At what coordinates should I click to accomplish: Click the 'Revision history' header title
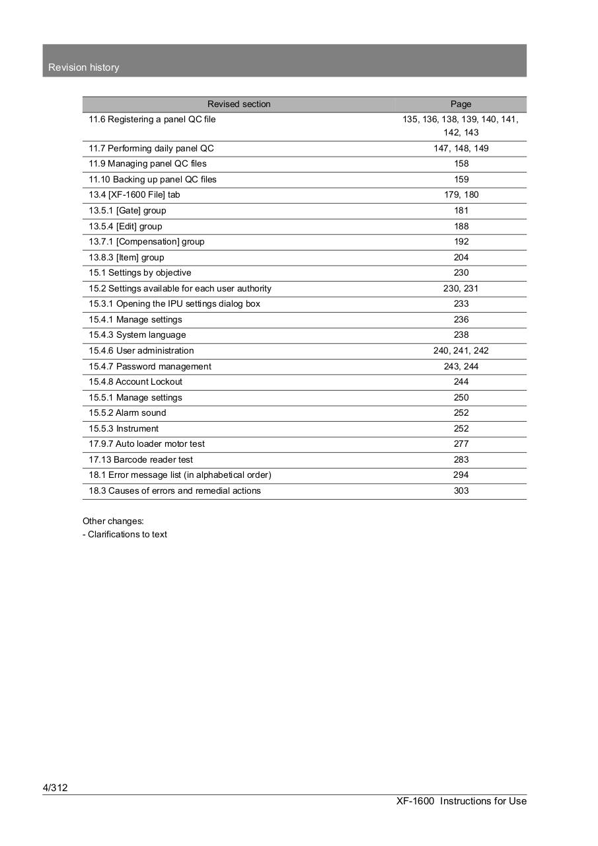coord(84,67)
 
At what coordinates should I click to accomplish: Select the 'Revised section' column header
coord(239,104)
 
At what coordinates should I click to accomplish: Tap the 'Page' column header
coord(461,104)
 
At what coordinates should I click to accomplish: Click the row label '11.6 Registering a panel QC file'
coord(152,120)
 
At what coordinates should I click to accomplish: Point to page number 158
coord(461,164)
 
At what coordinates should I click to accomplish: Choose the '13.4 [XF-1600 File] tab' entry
coord(134,195)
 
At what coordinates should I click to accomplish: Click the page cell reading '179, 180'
coord(461,195)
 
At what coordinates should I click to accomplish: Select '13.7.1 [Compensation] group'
coord(147,242)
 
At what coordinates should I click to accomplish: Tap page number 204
coord(461,257)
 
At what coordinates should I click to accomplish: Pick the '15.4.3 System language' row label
coord(137,335)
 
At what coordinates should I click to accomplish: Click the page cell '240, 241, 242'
coord(461,351)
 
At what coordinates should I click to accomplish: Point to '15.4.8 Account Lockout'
coord(135,382)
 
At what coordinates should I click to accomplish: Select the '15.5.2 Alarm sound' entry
coord(128,413)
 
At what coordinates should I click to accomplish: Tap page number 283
coord(461,460)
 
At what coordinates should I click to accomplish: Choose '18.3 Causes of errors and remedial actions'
coord(174,491)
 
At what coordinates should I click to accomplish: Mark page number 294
coord(461,475)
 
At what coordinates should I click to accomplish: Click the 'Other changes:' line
coord(113,521)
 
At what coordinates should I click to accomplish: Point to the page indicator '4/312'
coord(55,788)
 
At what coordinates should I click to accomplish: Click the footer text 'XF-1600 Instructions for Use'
coord(461,801)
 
